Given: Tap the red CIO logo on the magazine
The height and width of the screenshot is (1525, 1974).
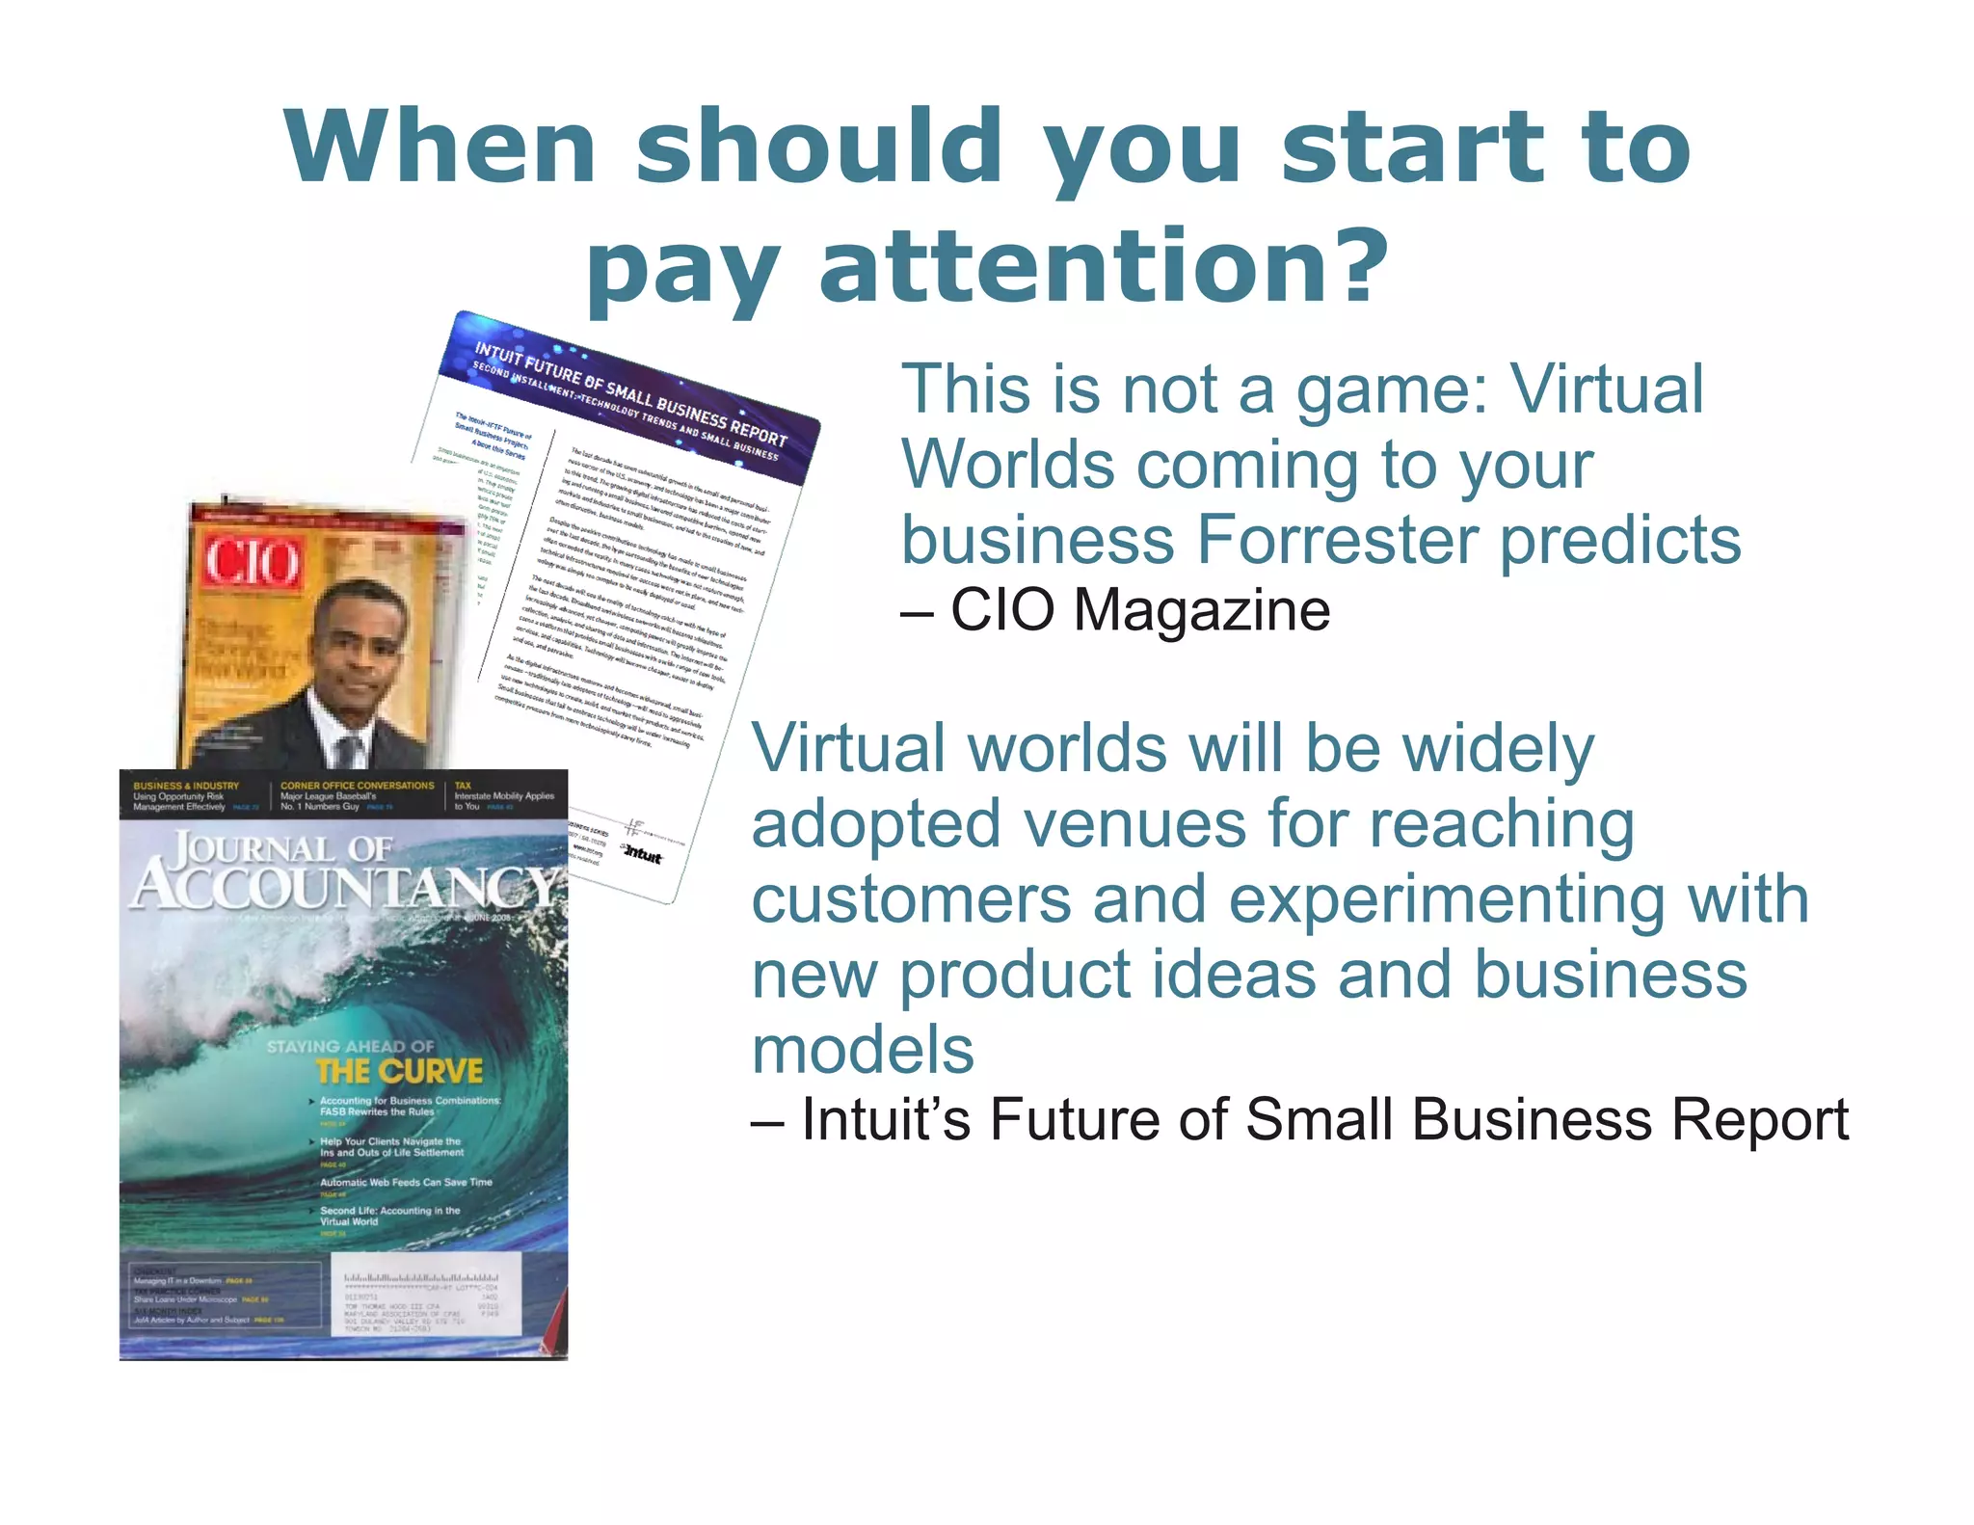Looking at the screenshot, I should point(252,562).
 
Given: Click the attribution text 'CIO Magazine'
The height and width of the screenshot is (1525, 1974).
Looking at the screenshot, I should point(1140,610).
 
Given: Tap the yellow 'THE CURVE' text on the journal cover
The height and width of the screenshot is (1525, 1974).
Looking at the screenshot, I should point(399,1072).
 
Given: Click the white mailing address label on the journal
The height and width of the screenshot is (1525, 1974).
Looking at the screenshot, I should point(425,1294).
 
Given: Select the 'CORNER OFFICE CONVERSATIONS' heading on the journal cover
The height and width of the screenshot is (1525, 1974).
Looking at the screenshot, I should point(357,786).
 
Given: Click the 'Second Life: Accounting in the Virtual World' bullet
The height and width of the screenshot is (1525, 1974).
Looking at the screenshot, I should point(389,1216).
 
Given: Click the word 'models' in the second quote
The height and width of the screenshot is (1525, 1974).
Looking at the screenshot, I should point(863,1051).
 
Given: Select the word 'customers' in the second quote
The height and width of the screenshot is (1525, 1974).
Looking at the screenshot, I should point(911,899).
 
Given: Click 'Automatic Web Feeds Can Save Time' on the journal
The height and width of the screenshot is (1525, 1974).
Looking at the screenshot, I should point(406,1182).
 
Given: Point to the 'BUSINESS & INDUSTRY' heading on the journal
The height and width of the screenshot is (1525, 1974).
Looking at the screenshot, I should point(186,786).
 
